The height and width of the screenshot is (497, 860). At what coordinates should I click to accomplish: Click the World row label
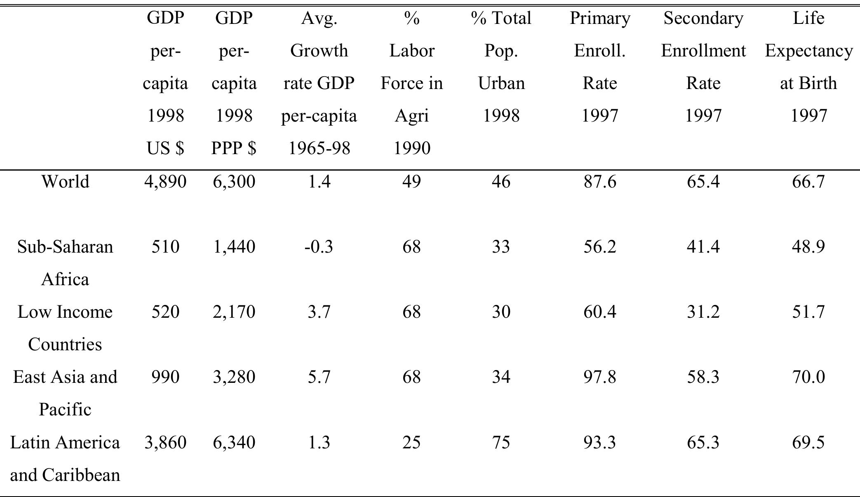pos(65,182)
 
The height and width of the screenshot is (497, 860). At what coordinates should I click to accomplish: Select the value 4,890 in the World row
pos(165,182)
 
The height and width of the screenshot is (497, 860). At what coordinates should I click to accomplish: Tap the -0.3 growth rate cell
pos(319,247)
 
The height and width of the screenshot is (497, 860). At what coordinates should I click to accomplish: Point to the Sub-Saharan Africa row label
pos(65,263)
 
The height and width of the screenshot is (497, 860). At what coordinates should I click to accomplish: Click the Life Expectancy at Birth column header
pos(808,67)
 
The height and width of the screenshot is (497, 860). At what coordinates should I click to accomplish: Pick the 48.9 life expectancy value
pos(808,247)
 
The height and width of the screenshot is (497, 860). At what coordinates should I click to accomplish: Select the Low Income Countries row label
pos(65,328)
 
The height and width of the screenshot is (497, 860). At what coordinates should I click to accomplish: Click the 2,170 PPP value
pos(234,312)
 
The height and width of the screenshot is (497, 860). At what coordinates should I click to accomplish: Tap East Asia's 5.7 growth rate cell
pos(319,377)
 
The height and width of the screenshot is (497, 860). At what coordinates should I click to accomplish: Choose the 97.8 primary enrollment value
pos(599,377)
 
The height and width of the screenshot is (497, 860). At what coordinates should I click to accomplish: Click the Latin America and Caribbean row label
pos(65,458)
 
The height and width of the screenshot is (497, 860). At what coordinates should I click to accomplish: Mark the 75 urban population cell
pos(501,443)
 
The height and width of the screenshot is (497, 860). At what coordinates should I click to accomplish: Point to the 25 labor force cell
pos(411,443)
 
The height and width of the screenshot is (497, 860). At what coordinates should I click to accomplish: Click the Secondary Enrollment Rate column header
pos(703,67)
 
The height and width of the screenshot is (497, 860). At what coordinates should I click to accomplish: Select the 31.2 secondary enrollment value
pos(703,312)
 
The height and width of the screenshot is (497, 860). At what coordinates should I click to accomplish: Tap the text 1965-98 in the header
pos(319,148)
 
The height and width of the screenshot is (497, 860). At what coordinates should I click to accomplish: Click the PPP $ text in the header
pos(234,148)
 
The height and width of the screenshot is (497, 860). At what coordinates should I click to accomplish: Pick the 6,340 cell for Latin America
pos(234,443)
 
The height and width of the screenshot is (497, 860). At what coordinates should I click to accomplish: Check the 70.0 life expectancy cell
pos(808,377)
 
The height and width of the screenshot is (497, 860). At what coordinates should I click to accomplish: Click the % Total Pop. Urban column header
pos(501,67)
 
